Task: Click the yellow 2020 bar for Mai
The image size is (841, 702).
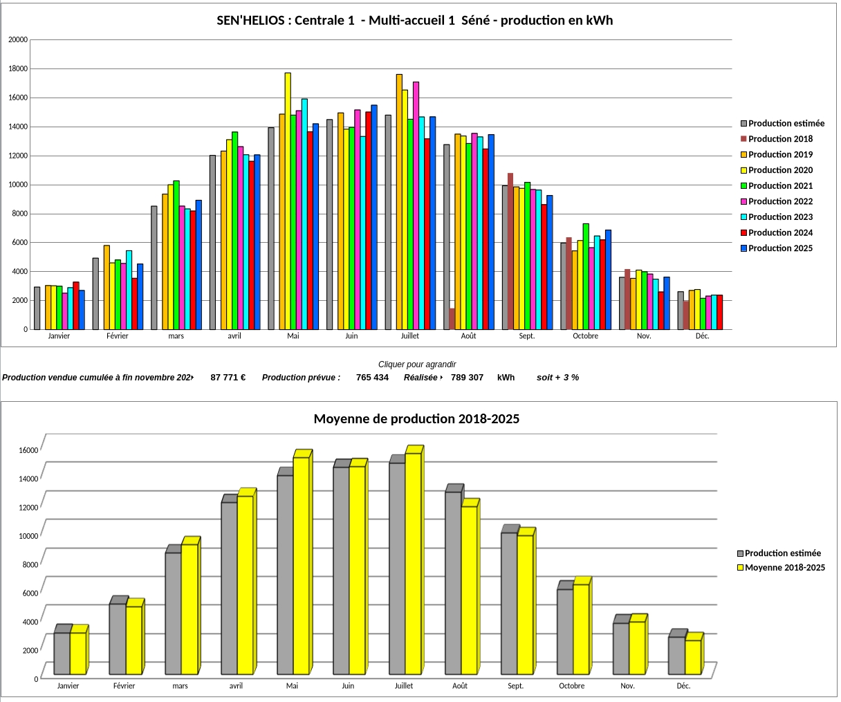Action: [288, 201]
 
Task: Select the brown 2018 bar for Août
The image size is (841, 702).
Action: [452, 319]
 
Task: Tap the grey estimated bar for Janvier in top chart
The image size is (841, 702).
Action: [37, 308]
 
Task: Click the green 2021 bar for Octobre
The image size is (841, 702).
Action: [586, 276]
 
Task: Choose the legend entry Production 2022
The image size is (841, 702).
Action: [780, 201]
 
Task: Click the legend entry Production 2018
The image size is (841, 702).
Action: [780, 139]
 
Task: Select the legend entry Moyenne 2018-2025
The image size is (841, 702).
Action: [784, 568]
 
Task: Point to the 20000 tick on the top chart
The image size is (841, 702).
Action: [18, 40]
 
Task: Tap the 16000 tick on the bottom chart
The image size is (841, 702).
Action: [28, 450]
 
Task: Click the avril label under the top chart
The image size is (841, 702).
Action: [234, 336]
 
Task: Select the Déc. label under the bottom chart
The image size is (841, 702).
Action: [683, 686]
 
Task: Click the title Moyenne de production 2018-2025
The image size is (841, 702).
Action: [416, 419]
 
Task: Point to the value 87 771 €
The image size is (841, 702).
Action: [228, 378]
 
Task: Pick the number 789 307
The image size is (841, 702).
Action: [467, 378]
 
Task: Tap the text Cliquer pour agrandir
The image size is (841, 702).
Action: [417, 364]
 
